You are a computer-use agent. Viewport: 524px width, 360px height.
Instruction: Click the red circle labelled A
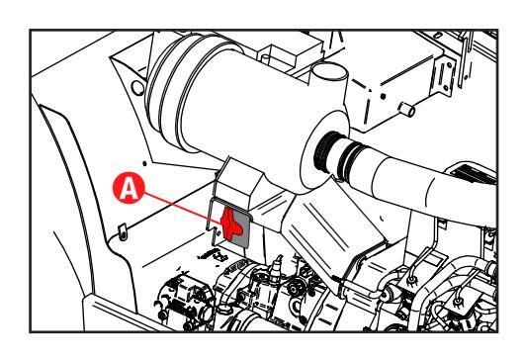[x=129, y=188]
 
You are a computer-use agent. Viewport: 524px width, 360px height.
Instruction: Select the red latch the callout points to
[x=230, y=224]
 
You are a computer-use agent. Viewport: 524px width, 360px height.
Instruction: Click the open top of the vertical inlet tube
[x=330, y=71]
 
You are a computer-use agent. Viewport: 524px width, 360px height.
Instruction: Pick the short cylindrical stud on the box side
[x=406, y=110]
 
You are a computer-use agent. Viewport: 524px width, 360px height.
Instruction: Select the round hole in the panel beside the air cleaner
[x=137, y=88]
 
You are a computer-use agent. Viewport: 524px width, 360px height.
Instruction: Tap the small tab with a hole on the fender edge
[x=123, y=231]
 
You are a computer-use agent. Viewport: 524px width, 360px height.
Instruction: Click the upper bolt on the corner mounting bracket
[x=449, y=65]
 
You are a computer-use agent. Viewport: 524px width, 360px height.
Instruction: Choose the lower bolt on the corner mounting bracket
[x=446, y=88]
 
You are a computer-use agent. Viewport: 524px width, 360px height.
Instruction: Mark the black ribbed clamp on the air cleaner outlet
[x=326, y=151]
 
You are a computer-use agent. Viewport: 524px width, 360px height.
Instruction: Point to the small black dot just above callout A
[x=144, y=163]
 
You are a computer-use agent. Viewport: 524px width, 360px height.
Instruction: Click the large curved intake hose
[x=418, y=182]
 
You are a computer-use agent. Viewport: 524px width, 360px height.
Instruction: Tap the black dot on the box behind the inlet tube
[x=383, y=96]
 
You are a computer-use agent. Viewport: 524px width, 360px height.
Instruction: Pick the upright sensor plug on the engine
[x=277, y=266]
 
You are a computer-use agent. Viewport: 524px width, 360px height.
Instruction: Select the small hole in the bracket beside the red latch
[x=218, y=232]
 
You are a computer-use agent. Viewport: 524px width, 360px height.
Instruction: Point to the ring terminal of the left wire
[x=412, y=280]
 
